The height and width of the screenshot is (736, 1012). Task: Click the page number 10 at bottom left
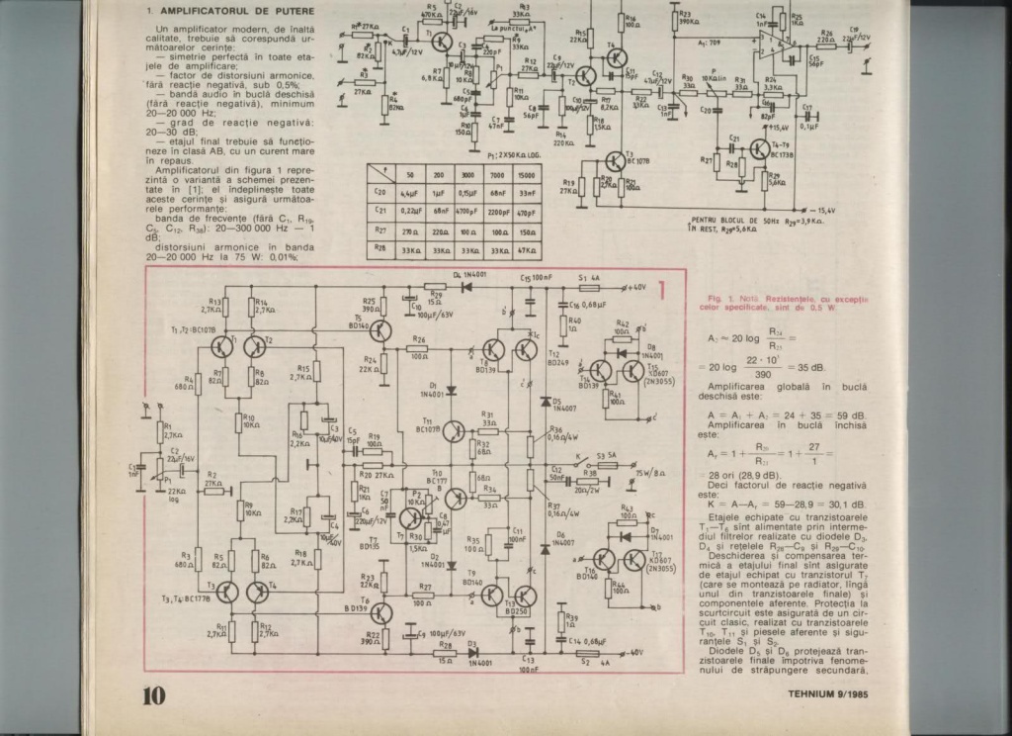152,694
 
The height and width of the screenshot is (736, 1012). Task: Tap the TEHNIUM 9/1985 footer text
842,693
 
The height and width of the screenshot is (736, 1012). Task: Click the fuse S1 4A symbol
589,286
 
